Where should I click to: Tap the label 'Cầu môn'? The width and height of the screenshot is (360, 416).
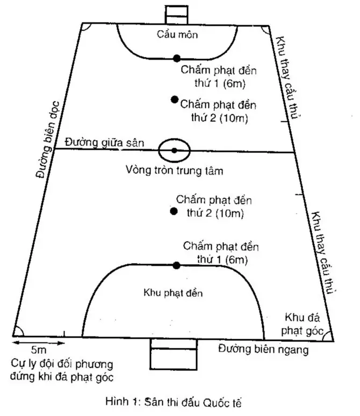pos(177,34)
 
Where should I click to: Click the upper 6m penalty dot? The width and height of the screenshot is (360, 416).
pos(177,59)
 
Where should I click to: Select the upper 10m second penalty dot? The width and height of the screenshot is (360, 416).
pos(175,99)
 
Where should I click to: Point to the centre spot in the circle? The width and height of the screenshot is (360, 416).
pos(174,150)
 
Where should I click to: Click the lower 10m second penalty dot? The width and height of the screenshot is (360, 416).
pos(174,211)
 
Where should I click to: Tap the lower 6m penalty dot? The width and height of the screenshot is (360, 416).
pos(176,265)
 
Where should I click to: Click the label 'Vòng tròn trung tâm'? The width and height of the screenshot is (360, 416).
pos(175,170)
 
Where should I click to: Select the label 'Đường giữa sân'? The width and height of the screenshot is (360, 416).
pos(104,142)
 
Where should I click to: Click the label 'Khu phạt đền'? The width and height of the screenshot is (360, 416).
pos(173,293)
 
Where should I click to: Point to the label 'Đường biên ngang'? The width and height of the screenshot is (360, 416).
pos(263,349)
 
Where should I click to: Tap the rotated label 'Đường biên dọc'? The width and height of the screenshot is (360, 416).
pos(48,139)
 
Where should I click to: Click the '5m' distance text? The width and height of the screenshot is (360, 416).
pos(39,350)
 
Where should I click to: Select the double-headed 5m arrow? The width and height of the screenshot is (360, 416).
pos(39,343)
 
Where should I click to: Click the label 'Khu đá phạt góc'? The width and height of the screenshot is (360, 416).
pos(302,324)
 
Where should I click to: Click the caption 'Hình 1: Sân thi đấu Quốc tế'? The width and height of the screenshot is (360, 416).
pos(174,402)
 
